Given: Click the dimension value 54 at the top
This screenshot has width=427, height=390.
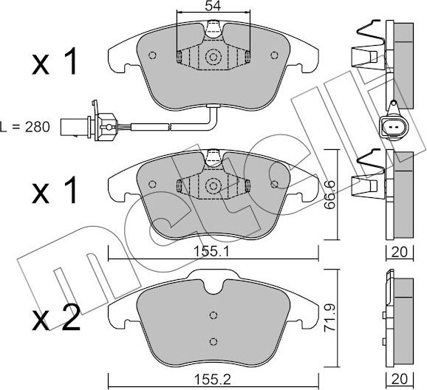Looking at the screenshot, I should tap(213, 7).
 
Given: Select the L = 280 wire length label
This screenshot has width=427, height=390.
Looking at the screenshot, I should tap(26, 127).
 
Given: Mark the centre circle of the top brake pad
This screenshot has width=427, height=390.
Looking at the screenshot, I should tap(214, 57).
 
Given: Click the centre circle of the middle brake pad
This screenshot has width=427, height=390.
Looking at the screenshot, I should tap(214, 186).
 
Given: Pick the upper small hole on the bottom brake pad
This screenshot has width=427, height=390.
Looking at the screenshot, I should tap(213, 312).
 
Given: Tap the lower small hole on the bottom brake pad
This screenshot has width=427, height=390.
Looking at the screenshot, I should tap(213, 340).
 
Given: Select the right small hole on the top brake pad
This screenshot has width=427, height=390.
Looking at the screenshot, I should tap(275, 54).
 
